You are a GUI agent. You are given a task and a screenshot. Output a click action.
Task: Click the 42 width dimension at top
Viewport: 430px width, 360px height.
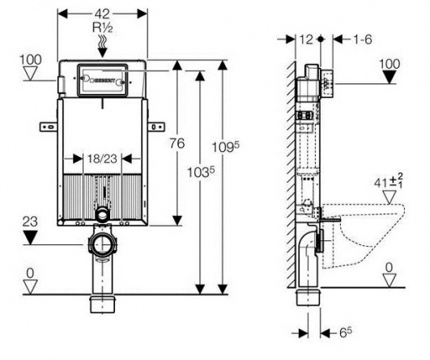[x=103, y=14]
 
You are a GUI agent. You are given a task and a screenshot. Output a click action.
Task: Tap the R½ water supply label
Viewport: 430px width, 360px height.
[x=102, y=28]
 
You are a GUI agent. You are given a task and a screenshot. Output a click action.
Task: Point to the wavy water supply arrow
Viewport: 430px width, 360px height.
[x=103, y=46]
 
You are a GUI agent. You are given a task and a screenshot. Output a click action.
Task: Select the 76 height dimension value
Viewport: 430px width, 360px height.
[x=177, y=143]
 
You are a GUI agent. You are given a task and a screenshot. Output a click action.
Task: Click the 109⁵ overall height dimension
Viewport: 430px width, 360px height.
[x=226, y=146]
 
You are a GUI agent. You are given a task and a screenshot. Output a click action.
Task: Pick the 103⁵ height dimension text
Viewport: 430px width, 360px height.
[x=200, y=172]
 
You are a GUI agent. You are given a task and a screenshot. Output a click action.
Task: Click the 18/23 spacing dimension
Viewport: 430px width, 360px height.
[x=102, y=159]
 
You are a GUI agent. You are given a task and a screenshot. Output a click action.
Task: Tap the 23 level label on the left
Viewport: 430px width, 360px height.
[x=30, y=222]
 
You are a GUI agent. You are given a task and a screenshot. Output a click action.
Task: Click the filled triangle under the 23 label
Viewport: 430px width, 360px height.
[x=30, y=238]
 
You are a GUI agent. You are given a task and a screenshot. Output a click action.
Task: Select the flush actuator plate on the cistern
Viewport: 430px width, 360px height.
[x=103, y=81]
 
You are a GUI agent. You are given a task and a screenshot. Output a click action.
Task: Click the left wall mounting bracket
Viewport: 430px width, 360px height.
[x=49, y=127]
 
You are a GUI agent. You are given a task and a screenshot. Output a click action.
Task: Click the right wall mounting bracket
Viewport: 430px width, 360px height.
[x=156, y=127]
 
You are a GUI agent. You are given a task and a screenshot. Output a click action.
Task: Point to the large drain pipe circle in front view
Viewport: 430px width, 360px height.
[x=103, y=244]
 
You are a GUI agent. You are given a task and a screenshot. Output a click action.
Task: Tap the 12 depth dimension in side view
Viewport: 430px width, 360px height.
[x=306, y=40]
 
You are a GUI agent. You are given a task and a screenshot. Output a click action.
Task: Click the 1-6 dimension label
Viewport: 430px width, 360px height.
[x=362, y=40]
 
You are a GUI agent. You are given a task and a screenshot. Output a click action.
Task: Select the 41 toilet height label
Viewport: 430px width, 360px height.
[x=389, y=182]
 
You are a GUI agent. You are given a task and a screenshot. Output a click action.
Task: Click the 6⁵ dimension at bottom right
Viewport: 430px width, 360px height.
[x=345, y=332]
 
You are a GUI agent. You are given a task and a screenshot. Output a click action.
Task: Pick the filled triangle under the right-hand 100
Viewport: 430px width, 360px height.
[x=389, y=77]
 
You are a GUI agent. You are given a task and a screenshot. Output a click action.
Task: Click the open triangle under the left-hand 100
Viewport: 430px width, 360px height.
[x=30, y=74]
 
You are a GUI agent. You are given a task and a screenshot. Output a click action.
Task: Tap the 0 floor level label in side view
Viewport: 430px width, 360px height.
[x=389, y=268]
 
